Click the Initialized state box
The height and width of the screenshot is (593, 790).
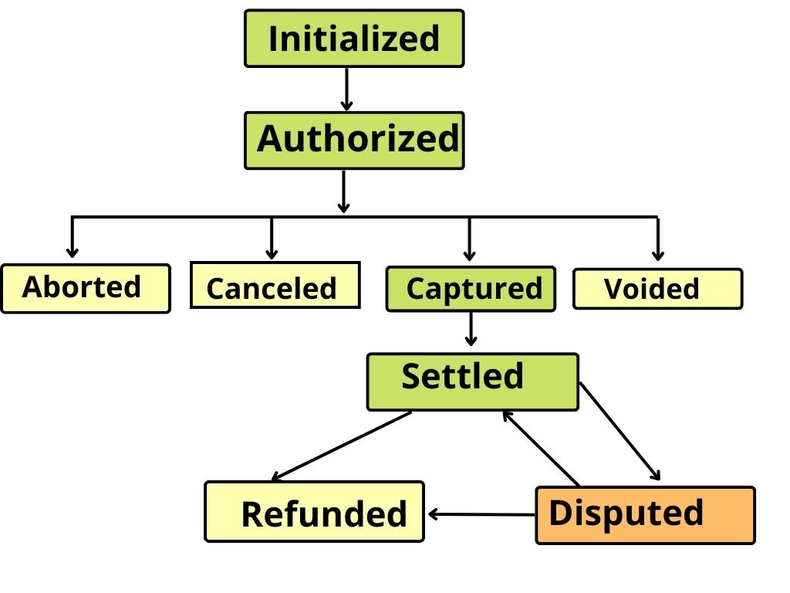click(354, 38)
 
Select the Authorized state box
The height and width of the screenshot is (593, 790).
click(354, 140)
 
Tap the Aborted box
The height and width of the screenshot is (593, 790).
click(85, 288)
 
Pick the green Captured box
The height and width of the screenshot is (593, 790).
click(471, 289)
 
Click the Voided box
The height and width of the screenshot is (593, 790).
click(657, 289)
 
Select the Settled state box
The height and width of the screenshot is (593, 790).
click(472, 381)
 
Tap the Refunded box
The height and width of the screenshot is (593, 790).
click(314, 512)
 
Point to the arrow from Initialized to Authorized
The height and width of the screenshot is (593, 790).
click(346, 90)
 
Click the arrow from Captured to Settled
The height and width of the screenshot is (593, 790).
click(471, 329)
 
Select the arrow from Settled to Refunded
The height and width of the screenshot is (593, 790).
click(341, 446)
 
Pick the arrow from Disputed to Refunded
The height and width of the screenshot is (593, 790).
click(481, 513)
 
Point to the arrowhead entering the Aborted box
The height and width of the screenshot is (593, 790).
click(73, 251)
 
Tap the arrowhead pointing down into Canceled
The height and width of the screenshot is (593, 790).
click(272, 252)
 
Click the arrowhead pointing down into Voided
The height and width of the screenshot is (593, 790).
click(657, 254)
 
